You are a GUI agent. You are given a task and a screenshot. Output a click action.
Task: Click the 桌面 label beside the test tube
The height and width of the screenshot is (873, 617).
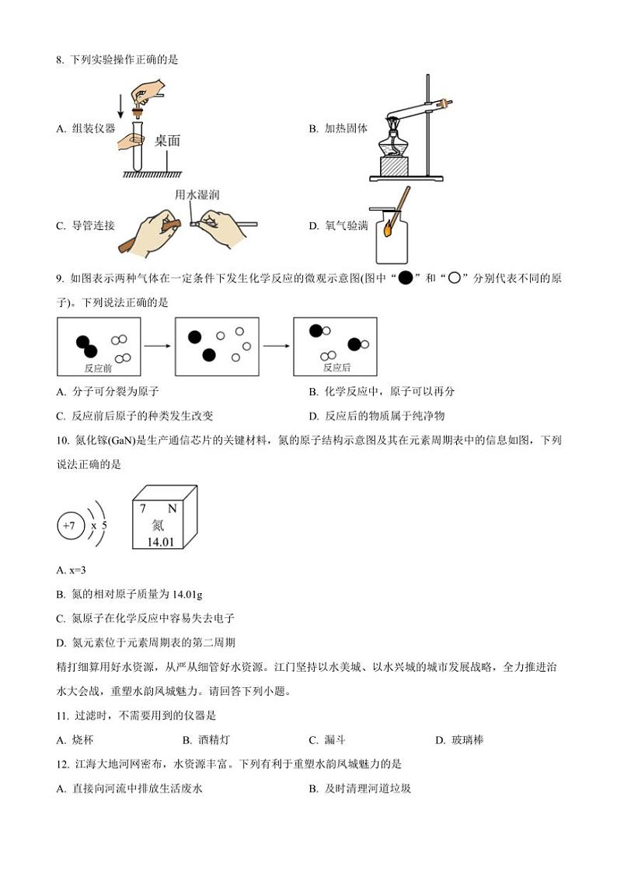167,141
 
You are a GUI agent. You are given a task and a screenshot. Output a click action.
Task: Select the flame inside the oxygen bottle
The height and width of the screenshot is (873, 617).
389,228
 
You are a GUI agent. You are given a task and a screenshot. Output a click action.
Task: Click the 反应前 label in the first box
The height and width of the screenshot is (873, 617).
98,368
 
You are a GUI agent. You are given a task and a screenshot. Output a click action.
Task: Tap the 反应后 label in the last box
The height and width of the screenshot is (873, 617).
336,368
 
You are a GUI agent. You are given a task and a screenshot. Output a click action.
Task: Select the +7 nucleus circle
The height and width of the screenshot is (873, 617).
69,526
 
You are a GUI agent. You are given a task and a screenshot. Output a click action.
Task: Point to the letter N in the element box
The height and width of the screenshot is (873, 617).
172,508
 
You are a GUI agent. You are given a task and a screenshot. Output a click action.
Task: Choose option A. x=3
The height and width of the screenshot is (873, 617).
71,571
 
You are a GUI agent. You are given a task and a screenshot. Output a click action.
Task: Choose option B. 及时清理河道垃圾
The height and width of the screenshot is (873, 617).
359,788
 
